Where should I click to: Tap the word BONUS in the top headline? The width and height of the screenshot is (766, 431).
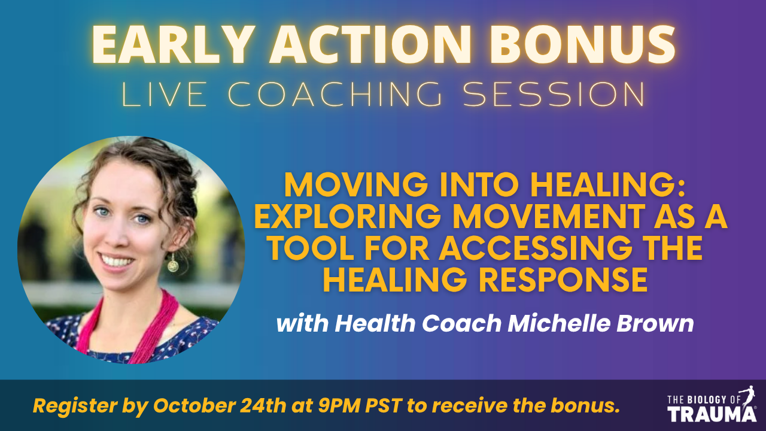(582, 44)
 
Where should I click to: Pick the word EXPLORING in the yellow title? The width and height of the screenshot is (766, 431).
(348, 217)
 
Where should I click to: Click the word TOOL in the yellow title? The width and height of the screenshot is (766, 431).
(310, 248)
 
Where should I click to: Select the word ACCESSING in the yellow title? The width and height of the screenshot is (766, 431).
(536, 248)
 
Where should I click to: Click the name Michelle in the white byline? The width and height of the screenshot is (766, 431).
(559, 324)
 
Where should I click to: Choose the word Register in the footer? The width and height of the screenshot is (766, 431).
(75, 406)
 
